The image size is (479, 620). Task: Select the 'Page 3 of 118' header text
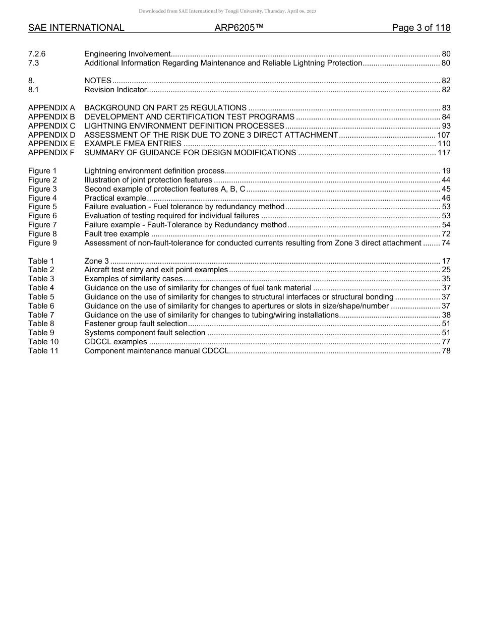[x=421, y=28]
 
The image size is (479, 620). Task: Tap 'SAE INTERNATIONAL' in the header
[x=76, y=28]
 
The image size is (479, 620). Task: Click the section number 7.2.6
[x=37, y=54]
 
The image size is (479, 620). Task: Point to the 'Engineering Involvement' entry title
[x=128, y=54]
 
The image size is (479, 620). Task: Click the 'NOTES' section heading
[x=98, y=81]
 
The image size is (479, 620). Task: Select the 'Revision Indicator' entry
[x=115, y=90]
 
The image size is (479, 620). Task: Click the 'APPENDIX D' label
[x=51, y=135]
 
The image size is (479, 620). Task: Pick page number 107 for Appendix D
[x=444, y=135]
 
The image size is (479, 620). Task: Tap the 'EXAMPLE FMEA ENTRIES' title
[x=133, y=144]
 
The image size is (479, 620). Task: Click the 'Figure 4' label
[x=42, y=198]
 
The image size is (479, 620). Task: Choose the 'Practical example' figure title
[x=115, y=198]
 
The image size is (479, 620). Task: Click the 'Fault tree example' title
[x=116, y=234]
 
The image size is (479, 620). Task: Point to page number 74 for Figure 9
[x=446, y=243]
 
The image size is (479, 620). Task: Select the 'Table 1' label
[x=41, y=261]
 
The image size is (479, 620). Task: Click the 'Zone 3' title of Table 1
[x=96, y=261]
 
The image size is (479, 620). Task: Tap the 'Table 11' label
[x=43, y=351]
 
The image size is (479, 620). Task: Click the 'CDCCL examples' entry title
[x=115, y=342]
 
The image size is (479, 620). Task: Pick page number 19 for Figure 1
[x=446, y=171]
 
